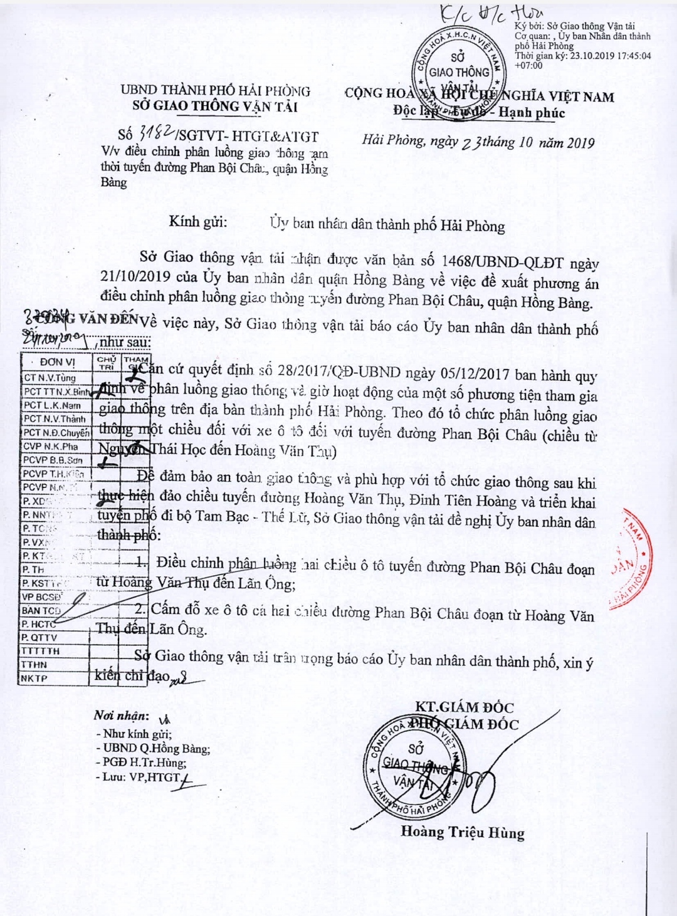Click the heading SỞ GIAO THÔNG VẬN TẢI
tap(214, 106)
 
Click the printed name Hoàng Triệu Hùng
tap(463, 832)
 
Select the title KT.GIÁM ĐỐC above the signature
tap(464, 707)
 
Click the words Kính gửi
tap(198, 221)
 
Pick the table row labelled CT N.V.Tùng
tap(50, 378)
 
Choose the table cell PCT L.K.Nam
tap(53, 405)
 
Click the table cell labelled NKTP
tap(34, 679)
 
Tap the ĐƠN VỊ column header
tap(57, 362)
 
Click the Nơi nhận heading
tap(121, 716)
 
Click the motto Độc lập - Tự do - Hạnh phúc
tap(479, 113)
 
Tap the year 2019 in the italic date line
tap(580, 143)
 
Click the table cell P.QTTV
tap(39, 638)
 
